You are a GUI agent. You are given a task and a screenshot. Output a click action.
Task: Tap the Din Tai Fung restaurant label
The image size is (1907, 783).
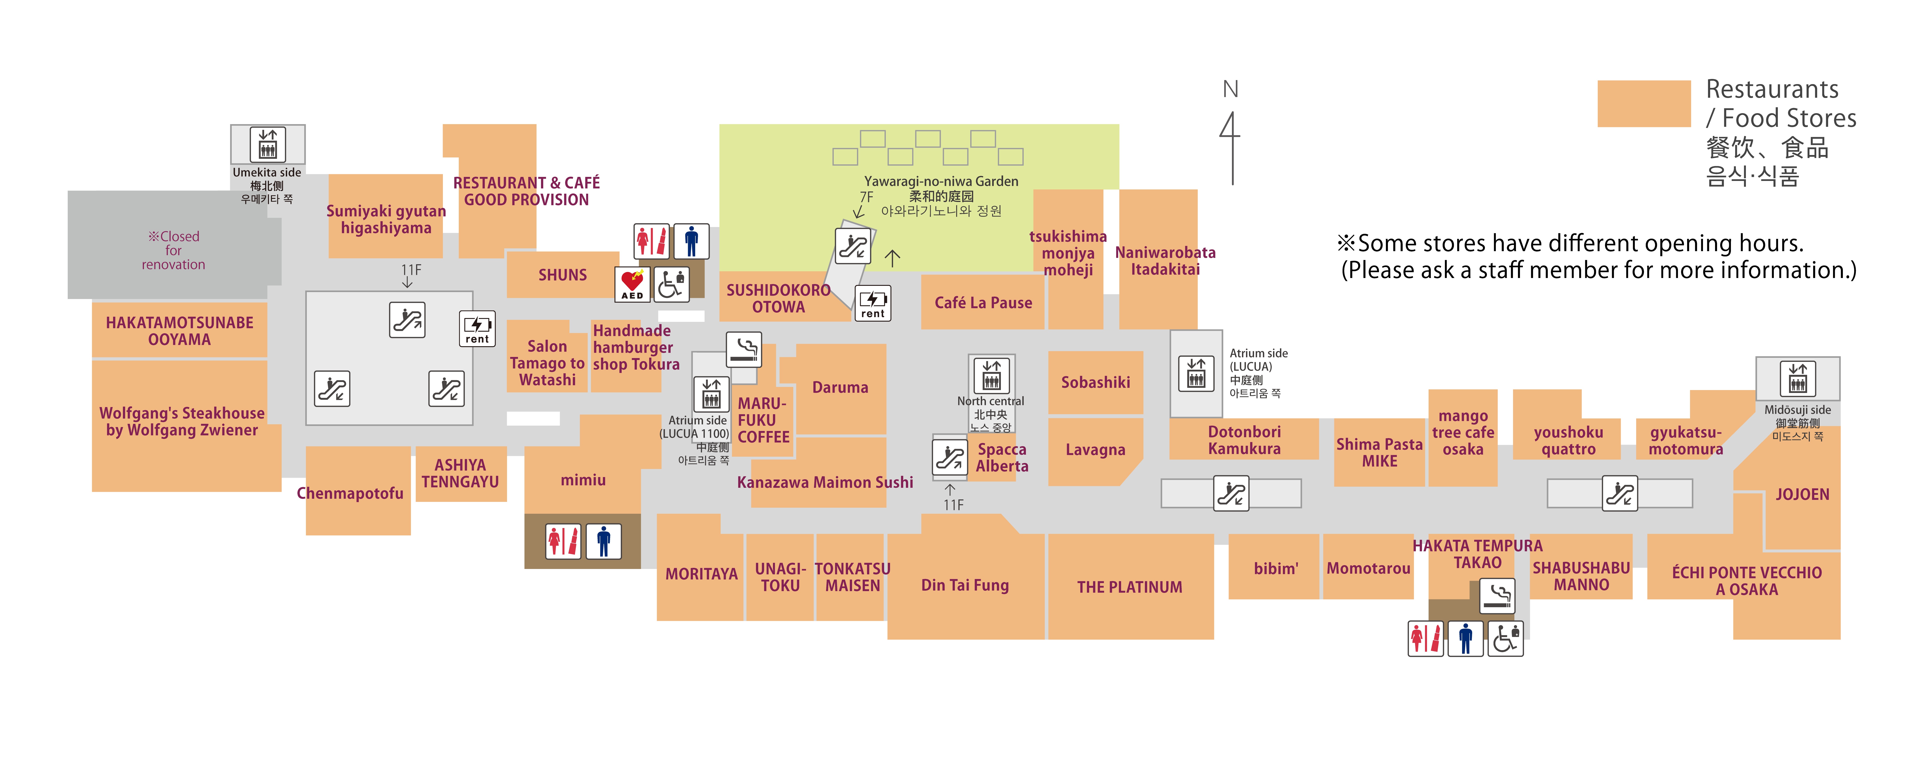point(965,585)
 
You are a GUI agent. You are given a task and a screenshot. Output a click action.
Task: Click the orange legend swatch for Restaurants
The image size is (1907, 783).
point(1644,104)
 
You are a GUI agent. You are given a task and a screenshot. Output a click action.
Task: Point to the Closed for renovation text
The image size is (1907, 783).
point(173,250)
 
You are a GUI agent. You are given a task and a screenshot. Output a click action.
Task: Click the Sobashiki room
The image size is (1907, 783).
point(1095,382)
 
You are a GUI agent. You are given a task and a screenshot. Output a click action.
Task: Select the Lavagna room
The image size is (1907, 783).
point(1095,450)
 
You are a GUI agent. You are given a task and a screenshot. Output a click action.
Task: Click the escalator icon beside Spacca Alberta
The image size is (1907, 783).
point(949,457)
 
